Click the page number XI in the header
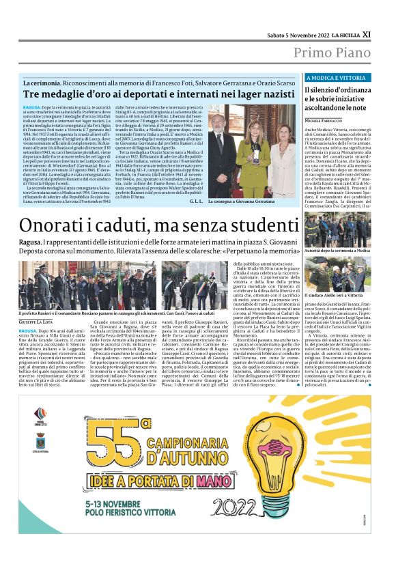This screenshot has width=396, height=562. (367, 33)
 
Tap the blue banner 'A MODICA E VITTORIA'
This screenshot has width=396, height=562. (338, 78)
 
